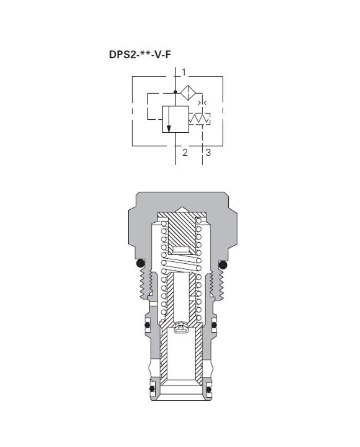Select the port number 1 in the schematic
(183, 71)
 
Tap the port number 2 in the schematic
(185, 152)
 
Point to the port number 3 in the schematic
(208, 152)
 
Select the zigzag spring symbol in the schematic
(201, 119)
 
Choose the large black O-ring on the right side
(223, 264)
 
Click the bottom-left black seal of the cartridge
(152, 389)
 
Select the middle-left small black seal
(147, 325)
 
